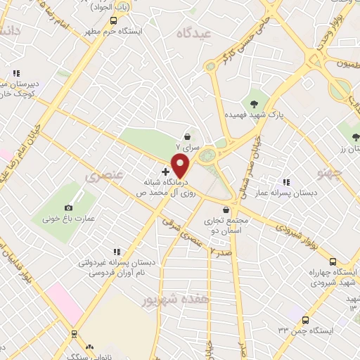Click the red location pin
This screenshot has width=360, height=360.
pos(181,166)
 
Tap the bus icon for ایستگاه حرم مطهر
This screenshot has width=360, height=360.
pos(113,20)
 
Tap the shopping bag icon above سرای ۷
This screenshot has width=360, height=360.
pos(188,137)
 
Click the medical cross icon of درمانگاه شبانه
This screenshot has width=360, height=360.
pos(166,172)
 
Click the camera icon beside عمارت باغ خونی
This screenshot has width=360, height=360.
pos(68,207)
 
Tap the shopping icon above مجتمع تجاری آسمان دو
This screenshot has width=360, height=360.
pos(225,210)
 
